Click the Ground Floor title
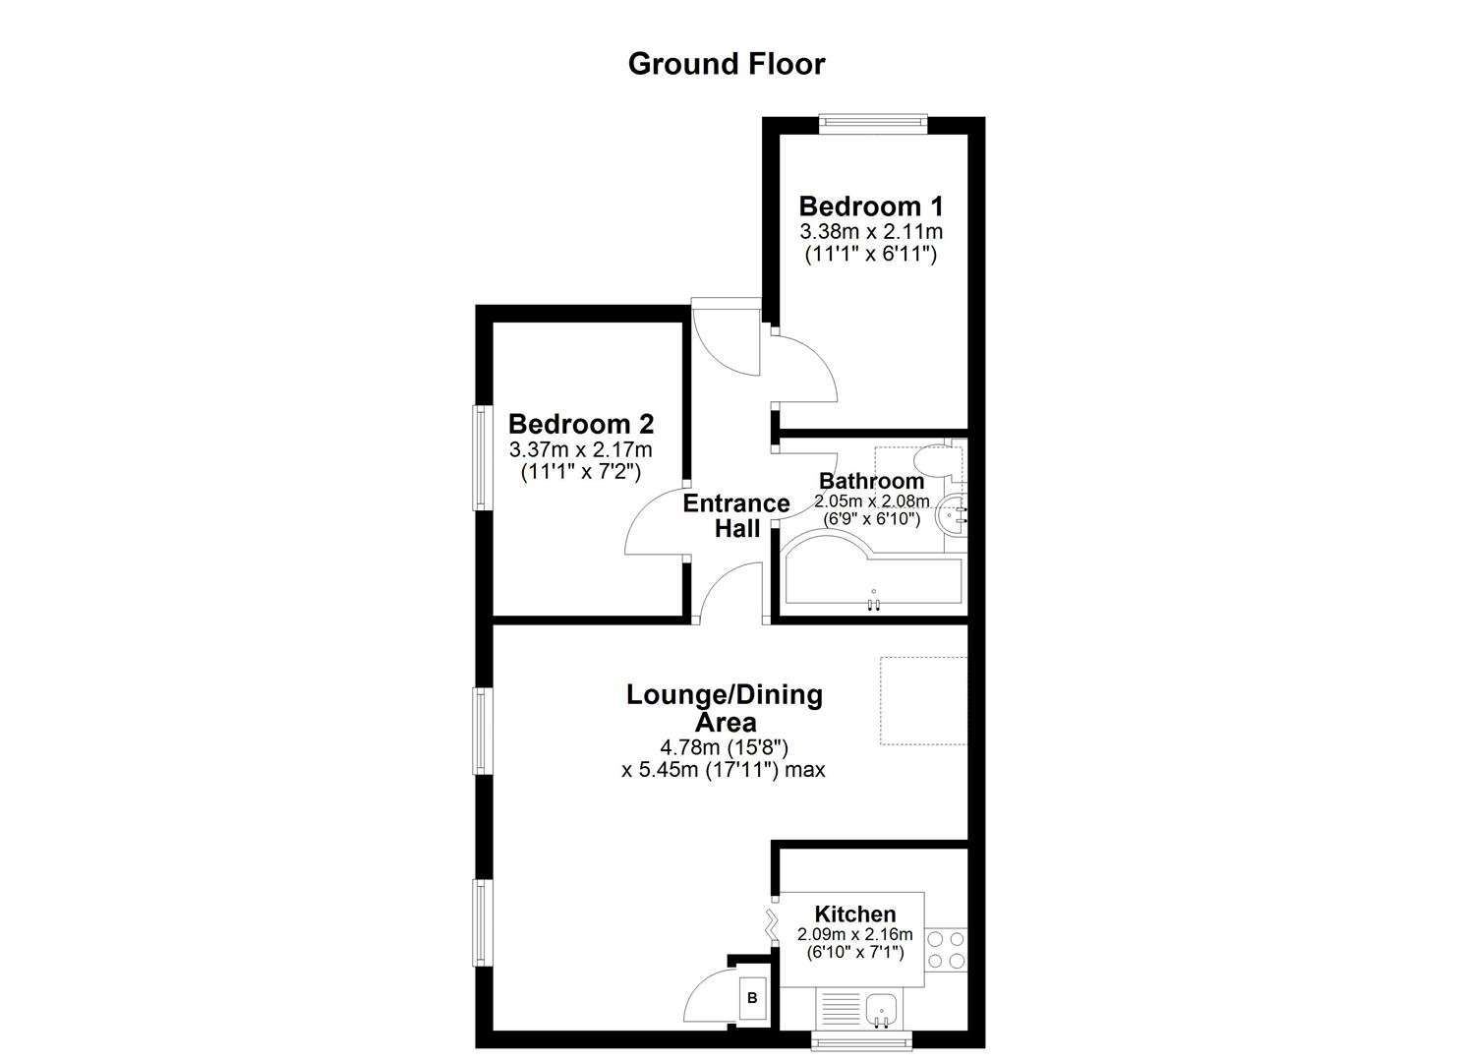tap(727, 64)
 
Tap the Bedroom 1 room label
tap(871, 206)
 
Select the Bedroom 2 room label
tap(581, 425)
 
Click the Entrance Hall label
tap(736, 516)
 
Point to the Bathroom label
tap(871, 481)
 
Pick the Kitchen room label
tap(854, 914)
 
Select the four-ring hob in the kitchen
tap(947, 949)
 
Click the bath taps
tap(874, 604)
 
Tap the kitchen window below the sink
tap(862, 1039)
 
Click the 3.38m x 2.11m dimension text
tap(871, 232)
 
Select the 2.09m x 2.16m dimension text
tap(854, 934)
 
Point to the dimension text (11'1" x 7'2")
tap(580, 472)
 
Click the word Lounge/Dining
tap(725, 695)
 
